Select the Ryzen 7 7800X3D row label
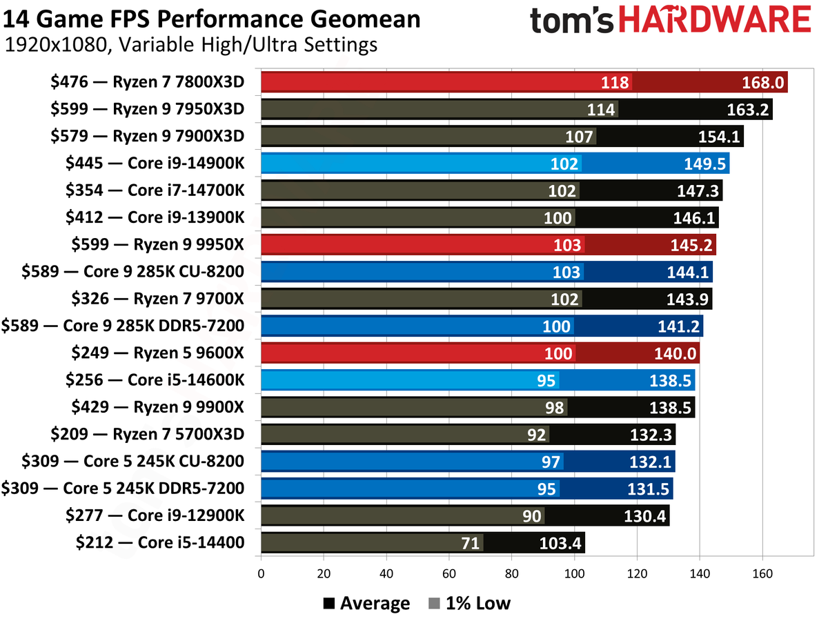pos(148,83)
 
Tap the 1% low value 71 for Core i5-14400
pos(470,542)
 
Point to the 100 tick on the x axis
pos(574,573)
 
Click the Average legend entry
pos(366,603)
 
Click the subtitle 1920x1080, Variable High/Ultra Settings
pos(190,46)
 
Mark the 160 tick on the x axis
pos(762,573)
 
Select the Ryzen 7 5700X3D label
pos(148,434)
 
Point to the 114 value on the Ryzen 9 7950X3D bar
pos(601,110)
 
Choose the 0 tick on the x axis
pos(262,573)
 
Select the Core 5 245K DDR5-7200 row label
pos(123,489)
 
